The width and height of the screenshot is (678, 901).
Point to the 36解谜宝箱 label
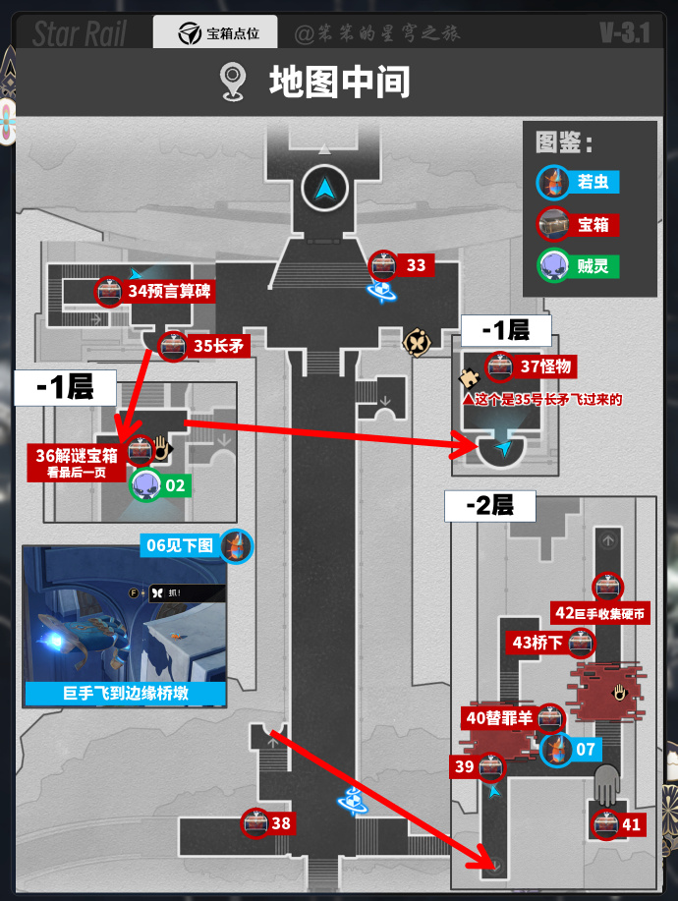click(77, 455)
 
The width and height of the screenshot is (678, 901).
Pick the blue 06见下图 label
click(180, 545)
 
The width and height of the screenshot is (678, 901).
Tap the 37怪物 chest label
click(545, 366)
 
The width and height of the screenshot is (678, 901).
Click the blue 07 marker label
click(586, 750)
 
